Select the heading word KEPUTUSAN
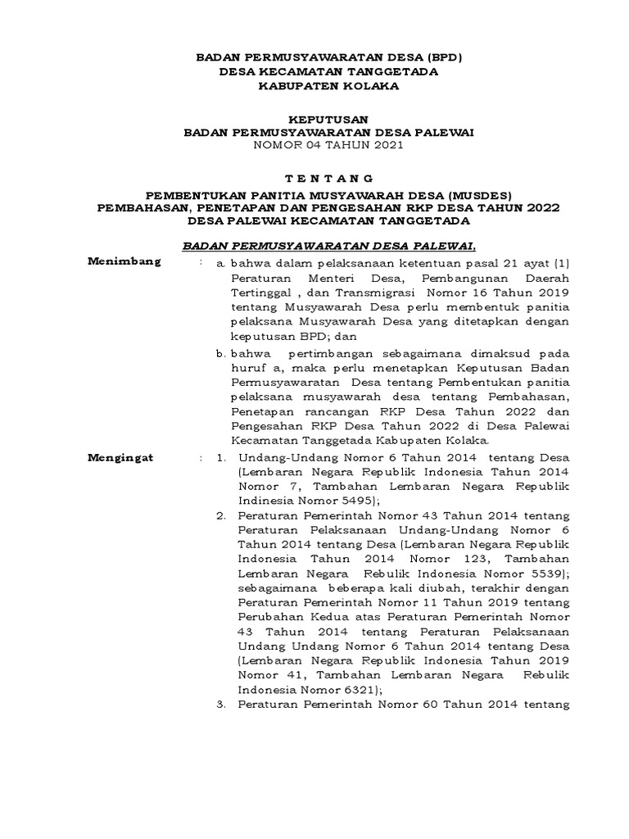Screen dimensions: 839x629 [312, 119]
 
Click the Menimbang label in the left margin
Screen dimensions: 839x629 [125, 262]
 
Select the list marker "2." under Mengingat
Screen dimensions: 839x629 [221, 515]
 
